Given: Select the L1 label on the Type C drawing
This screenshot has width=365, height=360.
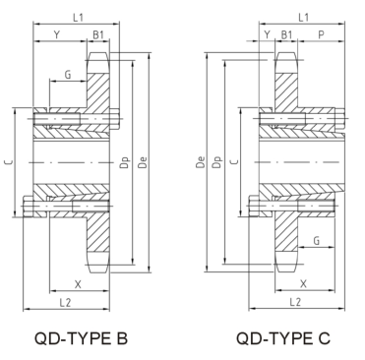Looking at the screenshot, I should (x=304, y=17).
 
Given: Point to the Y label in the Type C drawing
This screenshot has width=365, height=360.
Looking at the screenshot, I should (x=268, y=36).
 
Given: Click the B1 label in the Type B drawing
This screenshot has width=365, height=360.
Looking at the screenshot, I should (x=98, y=36).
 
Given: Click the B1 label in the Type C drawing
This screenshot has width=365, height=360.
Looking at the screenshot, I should (x=287, y=36).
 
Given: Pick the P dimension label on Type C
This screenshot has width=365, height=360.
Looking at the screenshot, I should (x=323, y=36).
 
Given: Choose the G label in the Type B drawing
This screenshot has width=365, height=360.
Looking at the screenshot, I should (x=67, y=74).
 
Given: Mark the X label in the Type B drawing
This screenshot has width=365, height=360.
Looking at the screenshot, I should (x=78, y=281).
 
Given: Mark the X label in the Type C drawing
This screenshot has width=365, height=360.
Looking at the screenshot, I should (x=303, y=281).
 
